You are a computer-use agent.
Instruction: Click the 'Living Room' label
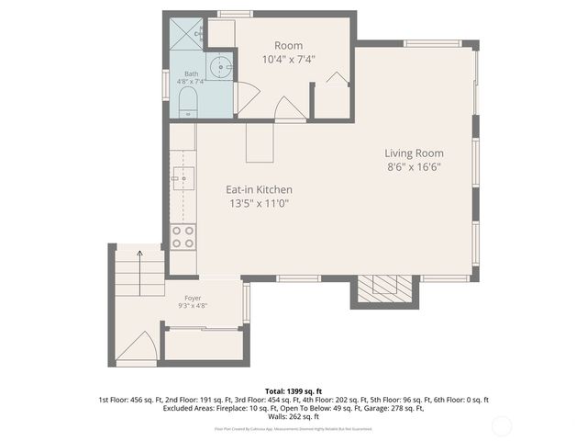(414, 153)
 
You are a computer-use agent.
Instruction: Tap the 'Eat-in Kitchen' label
(260, 190)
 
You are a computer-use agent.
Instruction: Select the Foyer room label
(193, 298)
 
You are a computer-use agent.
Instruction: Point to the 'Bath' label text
(191, 73)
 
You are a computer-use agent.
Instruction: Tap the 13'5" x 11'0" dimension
(260, 204)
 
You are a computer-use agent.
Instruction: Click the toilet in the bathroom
(186, 101)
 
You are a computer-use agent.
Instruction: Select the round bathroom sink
(219, 67)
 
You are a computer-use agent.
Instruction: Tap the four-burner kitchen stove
(183, 236)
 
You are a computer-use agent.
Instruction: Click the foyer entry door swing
(137, 347)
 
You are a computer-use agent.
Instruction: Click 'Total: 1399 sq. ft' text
(293, 391)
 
